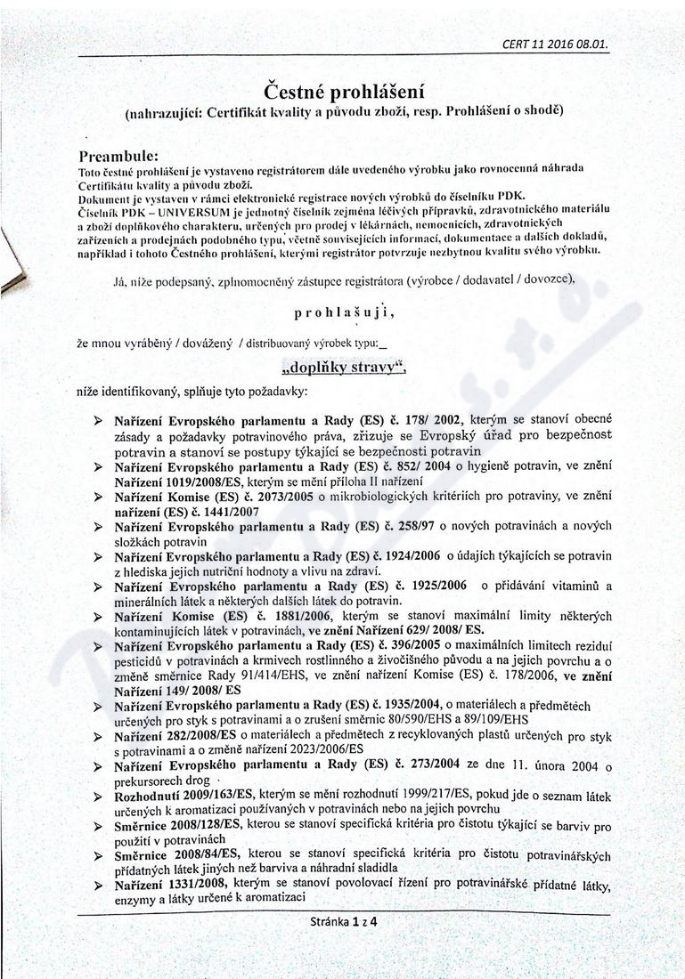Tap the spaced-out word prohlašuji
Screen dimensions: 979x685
(x=343, y=312)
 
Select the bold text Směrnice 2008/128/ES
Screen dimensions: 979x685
(x=178, y=825)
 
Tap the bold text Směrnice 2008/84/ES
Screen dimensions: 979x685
(x=179, y=855)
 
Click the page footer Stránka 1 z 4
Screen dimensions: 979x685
(x=343, y=923)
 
